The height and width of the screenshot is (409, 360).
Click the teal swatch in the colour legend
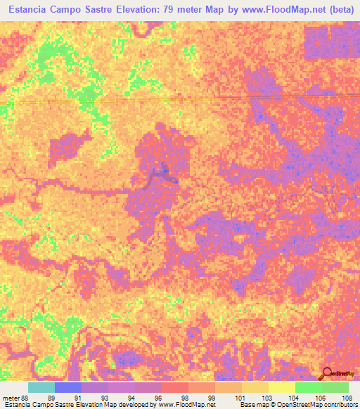pyautogui.click(x=41, y=387)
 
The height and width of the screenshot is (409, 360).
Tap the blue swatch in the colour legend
pyautogui.click(x=68, y=387)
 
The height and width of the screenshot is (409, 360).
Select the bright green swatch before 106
pyautogui.click(x=309, y=387)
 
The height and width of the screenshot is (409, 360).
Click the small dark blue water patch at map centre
pyautogui.click(x=166, y=170)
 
